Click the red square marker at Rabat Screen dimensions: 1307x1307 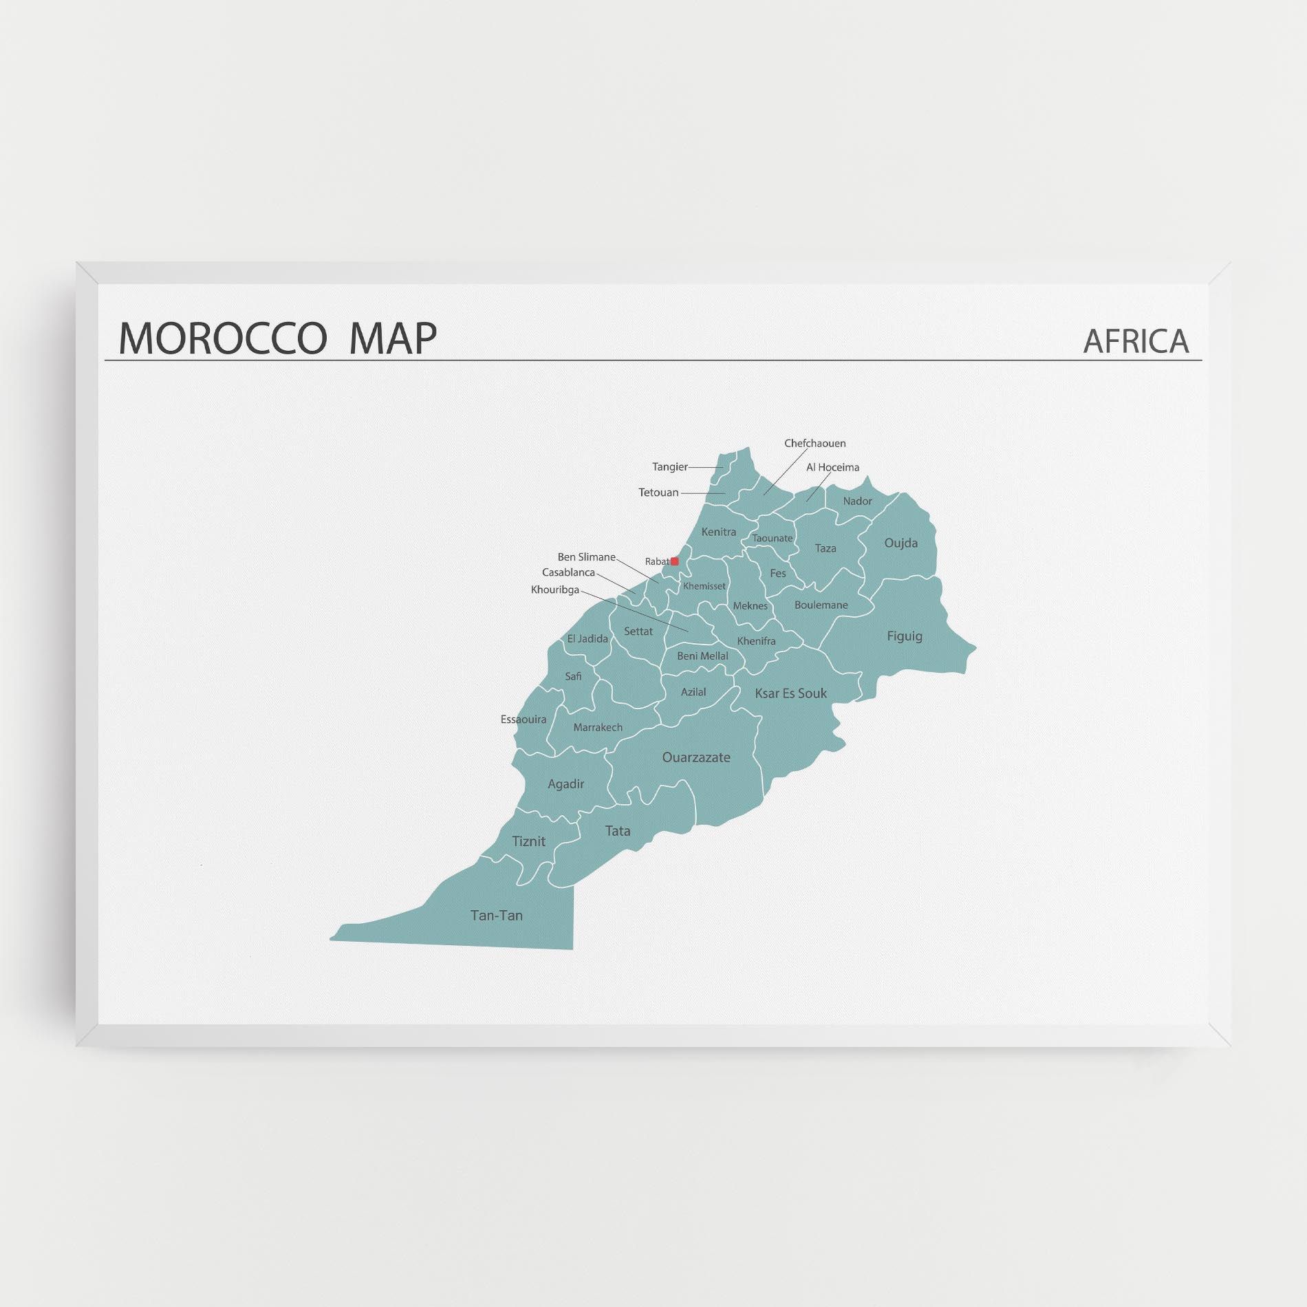tap(675, 561)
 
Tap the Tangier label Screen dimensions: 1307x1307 tap(670, 467)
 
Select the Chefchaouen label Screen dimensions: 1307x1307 tap(815, 444)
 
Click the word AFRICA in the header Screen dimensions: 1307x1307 tap(1136, 341)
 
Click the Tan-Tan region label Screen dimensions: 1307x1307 tap(497, 916)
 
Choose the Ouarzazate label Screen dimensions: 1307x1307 tap(696, 757)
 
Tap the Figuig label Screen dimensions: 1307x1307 tap(905, 636)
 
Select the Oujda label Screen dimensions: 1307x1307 tap(901, 543)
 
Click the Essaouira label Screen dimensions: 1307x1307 tap(523, 720)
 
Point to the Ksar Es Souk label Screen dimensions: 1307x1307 tap(791, 693)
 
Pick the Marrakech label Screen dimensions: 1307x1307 tap(598, 727)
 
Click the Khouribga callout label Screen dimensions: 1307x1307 tap(555, 590)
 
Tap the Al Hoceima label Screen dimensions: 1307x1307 tap(833, 468)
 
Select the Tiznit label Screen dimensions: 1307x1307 tap(529, 841)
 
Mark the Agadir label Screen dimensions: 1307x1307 tap(566, 784)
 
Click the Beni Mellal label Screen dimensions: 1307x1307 tap(702, 656)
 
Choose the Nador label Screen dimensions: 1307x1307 tap(858, 501)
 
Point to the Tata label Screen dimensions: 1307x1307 tap(618, 831)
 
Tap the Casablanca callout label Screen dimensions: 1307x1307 tap(568, 572)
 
